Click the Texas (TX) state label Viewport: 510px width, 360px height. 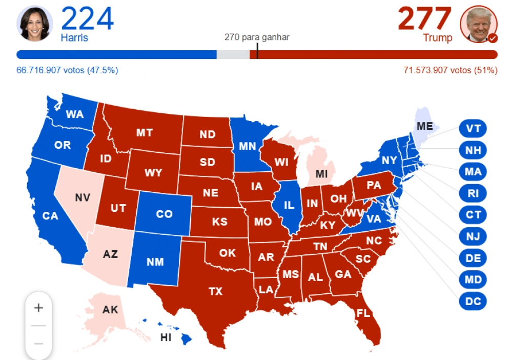click(216, 291)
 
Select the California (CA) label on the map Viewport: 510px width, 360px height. click(50, 216)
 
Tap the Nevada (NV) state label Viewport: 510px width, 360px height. click(82, 197)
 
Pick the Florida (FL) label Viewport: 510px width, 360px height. click(362, 313)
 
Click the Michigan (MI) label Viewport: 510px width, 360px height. click(321, 174)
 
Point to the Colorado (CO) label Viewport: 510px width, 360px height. click(164, 214)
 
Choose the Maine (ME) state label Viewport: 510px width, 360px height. click(424, 126)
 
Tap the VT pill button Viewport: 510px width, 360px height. click(473, 128)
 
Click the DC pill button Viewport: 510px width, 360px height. click(473, 302)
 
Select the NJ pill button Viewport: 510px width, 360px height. click(473, 236)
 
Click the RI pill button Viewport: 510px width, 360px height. click(473, 193)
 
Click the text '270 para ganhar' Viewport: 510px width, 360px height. click(257, 37)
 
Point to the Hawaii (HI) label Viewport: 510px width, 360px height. click(166, 337)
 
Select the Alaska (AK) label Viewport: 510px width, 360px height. click(110, 310)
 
